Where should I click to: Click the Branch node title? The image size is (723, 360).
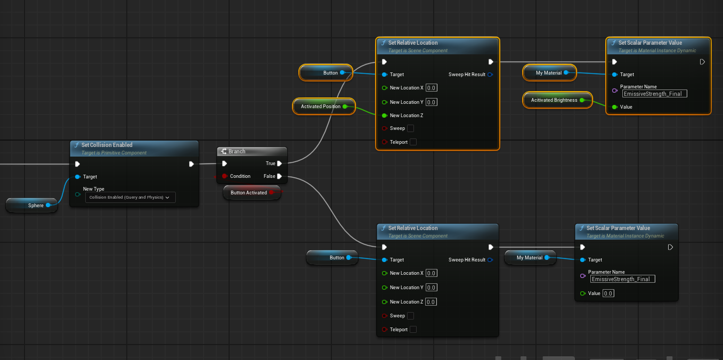(237, 151)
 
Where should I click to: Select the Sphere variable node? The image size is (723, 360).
(32, 205)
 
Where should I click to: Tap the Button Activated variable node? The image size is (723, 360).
(252, 193)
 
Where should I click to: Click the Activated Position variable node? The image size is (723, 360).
(324, 107)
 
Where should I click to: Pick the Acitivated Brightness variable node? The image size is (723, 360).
(557, 100)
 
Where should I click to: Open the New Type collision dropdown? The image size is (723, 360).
(131, 198)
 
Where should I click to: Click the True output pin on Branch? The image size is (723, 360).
(280, 163)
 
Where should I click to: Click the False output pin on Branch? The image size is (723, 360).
(280, 176)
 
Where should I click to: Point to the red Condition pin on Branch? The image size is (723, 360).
(224, 176)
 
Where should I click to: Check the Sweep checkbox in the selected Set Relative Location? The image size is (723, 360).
(411, 128)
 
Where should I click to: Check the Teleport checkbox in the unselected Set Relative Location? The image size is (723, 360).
(413, 329)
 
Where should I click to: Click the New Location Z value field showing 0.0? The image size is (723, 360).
(431, 302)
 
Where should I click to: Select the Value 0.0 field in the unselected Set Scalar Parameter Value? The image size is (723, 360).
(608, 293)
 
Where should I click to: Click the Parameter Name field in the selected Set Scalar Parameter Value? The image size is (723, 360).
(655, 94)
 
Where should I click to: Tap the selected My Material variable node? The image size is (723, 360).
(549, 73)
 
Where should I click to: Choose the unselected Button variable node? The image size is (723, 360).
(332, 257)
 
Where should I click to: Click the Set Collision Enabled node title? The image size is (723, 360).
(107, 145)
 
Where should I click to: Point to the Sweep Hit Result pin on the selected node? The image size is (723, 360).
(490, 75)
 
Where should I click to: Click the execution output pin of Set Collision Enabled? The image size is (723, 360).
(191, 164)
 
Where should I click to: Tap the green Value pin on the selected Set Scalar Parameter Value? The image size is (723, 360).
(614, 107)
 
